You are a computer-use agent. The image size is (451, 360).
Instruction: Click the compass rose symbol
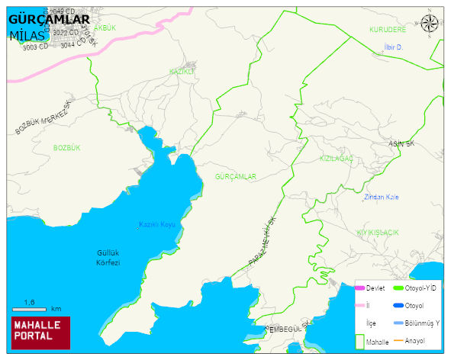430,24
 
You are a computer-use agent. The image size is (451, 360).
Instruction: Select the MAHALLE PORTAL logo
40,332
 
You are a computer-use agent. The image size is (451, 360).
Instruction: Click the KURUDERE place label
388,30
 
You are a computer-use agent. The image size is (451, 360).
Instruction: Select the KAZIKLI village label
182,70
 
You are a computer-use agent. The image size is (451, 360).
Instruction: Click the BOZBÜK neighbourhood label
66,146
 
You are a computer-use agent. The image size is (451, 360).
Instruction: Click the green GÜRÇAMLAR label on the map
236,176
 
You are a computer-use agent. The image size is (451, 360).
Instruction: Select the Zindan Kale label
382,198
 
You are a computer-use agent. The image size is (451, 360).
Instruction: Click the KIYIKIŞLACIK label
378,231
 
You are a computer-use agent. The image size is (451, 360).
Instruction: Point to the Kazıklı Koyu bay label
157,224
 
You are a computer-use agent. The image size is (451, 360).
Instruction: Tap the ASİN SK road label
401,143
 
